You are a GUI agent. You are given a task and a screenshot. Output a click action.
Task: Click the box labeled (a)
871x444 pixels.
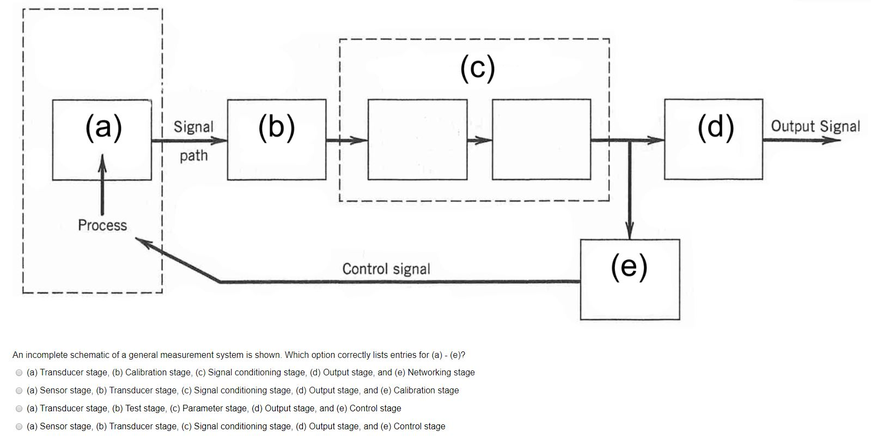(102, 139)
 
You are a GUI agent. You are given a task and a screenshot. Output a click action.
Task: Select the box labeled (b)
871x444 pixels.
(277, 139)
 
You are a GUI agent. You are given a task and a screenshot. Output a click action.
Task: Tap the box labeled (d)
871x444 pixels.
(713, 139)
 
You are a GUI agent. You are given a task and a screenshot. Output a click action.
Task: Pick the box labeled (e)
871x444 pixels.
(630, 279)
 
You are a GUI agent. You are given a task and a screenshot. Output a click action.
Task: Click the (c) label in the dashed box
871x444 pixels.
(477, 68)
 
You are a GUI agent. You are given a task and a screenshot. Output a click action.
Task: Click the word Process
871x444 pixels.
(102, 225)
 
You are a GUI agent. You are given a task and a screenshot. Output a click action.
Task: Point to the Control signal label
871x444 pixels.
(386, 269)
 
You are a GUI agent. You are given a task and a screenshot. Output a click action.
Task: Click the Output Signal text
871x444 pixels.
(815, 126)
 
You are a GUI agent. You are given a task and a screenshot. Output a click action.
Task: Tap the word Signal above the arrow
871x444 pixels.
(193, 127)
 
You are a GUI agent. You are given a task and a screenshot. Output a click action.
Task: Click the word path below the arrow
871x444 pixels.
(193, 156)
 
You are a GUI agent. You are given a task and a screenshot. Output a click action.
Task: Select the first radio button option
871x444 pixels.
(19, 373)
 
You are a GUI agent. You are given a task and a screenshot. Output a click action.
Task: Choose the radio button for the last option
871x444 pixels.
(19, 427)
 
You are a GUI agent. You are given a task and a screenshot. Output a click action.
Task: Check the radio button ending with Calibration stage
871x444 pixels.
(19, 391)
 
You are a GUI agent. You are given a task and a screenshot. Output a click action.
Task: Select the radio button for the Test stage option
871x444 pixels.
(19, 409)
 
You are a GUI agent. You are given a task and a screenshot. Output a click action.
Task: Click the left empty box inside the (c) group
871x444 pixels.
(417, 139)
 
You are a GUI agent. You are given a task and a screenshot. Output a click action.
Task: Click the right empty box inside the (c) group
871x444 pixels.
(541, 139)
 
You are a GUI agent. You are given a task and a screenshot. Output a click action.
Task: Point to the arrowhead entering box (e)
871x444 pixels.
(630, 232)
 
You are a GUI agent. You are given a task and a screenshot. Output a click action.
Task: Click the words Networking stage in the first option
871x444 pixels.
(441, 373)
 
